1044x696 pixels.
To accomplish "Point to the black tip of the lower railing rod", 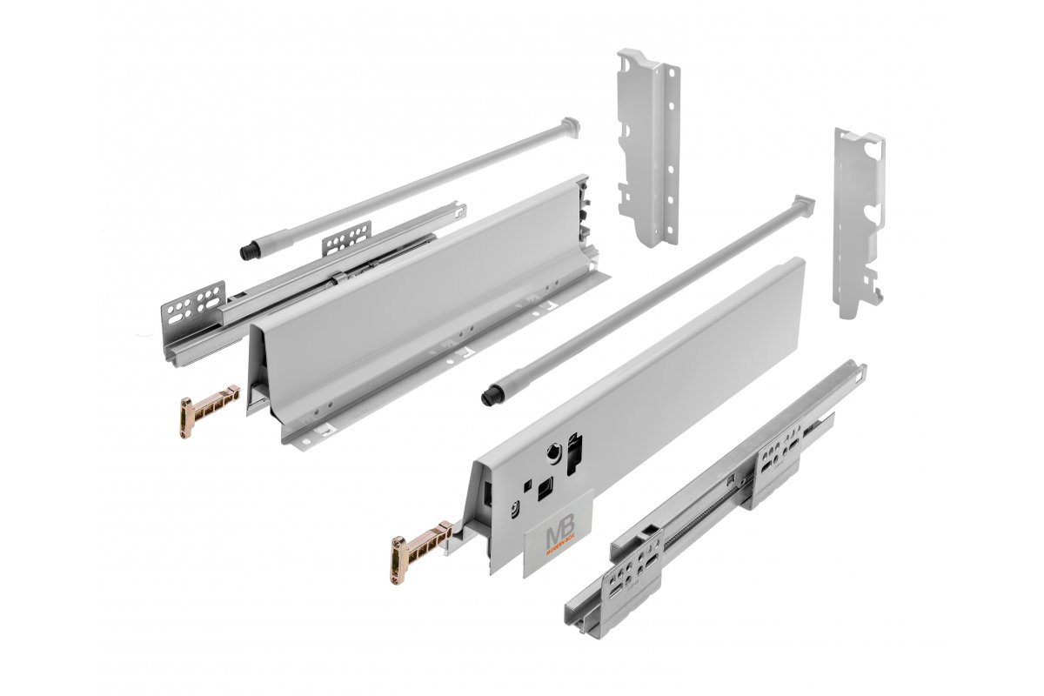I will click(x=489, y=397).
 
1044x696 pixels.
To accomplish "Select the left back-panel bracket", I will click(x=647, y=148).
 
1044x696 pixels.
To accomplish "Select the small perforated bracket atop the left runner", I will click(x=349, y=238).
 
